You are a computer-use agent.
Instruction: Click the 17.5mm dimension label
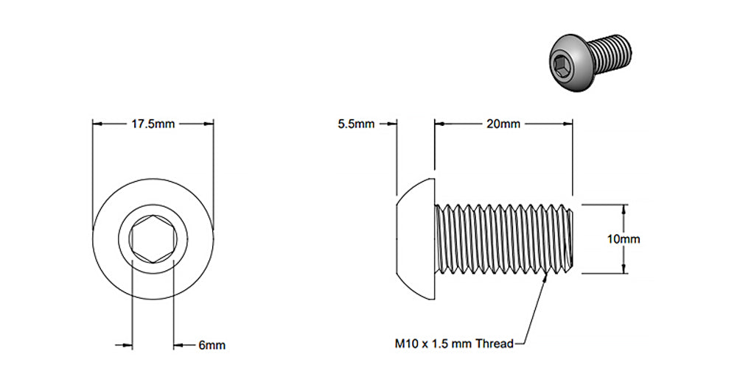(153, 124)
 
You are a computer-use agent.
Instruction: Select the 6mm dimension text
(212, 344)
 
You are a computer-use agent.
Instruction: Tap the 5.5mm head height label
(357, 124)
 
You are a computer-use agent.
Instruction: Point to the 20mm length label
(503, 124)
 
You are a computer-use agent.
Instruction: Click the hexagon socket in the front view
(152, 239)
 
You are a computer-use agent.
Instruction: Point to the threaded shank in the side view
(505, 239)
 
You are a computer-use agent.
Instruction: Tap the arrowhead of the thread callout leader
(545, 276)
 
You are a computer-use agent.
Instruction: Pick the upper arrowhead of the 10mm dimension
(624, 208)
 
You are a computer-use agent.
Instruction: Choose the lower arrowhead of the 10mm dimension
(624, 270)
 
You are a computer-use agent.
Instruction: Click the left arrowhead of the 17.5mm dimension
(95, 124)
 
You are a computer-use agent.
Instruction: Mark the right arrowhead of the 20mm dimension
(569, 124)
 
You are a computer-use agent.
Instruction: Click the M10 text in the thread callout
(407, 344)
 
